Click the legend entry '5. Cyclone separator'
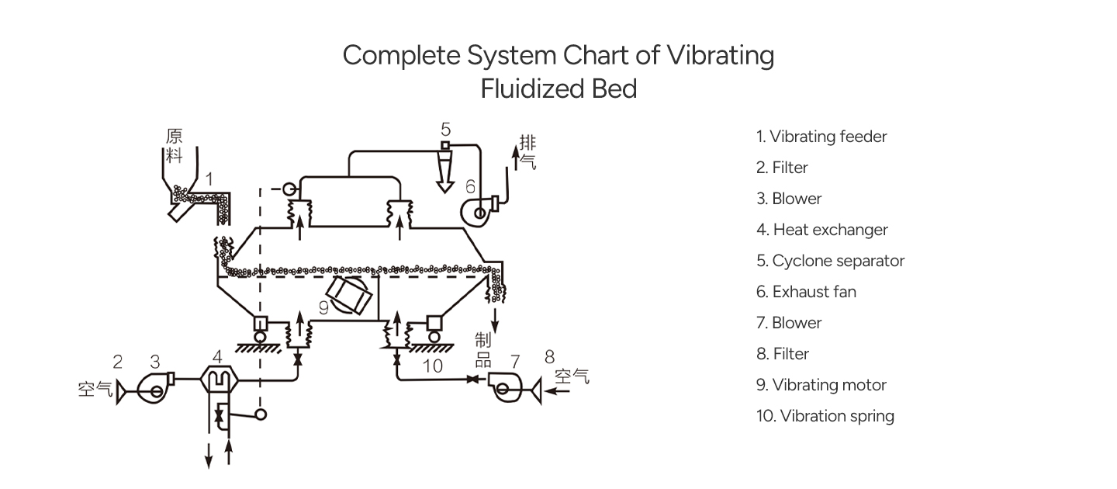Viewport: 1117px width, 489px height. (830, 261)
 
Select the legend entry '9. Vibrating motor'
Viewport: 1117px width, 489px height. (821, 385)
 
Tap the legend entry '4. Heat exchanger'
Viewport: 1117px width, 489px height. (821, 230)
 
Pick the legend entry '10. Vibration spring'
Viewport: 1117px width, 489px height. (825, 416)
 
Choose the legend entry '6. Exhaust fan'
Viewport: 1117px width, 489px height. (806, 291)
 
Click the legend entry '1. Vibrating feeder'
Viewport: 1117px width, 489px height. (821, 137)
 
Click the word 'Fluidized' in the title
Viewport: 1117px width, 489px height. (532, 88)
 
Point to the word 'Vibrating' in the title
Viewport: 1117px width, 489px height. (721, 56)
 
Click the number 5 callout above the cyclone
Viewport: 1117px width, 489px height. (446, 130)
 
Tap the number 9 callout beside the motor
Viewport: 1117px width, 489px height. (323, 307)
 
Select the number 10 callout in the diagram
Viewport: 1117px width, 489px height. (432, 366)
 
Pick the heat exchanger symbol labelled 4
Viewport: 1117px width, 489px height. (219, 380)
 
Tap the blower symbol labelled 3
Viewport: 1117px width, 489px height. (155, 388)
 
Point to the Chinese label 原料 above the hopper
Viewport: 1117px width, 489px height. (174, 146)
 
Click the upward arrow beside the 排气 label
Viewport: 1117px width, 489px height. (516, 158)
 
